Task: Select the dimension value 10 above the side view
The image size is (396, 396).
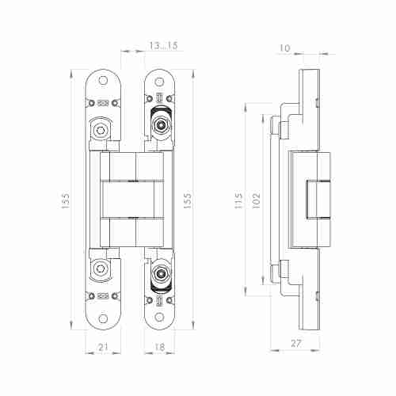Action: click(284, 48)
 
